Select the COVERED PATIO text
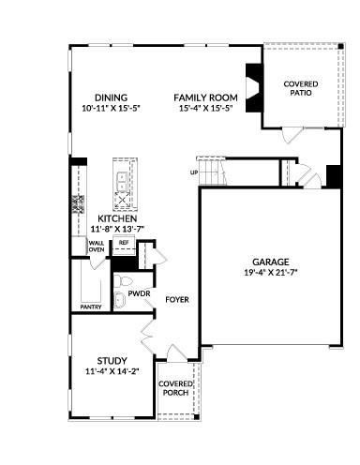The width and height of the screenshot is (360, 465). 301,89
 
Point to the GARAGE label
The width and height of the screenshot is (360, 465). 270,262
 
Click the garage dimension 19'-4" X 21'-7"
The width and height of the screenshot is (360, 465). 270,274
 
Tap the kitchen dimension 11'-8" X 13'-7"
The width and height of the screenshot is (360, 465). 117,229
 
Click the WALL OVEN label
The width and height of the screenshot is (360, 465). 96,247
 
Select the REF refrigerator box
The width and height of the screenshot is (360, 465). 123,243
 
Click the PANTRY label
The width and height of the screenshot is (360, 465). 91,307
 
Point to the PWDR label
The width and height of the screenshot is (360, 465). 140,292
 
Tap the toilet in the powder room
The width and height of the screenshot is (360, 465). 120,299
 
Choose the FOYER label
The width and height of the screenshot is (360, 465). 178,300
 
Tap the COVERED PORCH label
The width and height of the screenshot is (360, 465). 175,388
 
